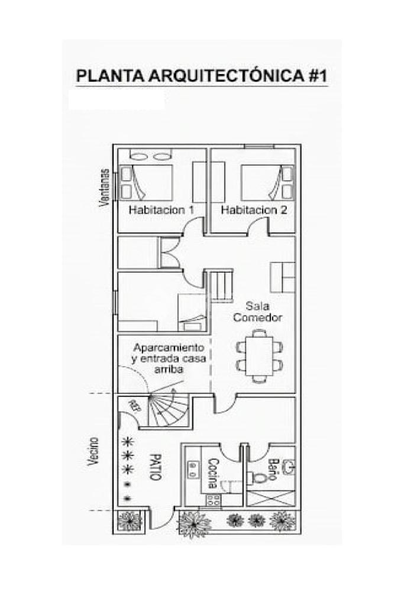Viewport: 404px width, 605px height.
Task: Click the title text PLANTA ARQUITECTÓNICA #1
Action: tap(202, 76)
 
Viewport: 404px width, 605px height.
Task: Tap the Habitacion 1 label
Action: tap(161, 211)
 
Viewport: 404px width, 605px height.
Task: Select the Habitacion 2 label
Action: tap(254, 211)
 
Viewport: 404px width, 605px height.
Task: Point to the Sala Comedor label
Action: tap(258, 312)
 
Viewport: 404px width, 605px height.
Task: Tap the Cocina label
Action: tap(213, 473)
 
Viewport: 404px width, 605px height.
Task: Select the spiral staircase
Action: tap(168, 410)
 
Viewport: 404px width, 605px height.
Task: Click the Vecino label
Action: tap(93, 451)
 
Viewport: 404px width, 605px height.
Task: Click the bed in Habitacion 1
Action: tap(146, 183)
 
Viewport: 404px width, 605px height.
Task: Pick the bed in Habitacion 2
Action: tap(267, 183)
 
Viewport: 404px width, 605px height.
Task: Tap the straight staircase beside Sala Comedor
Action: tap(221, 286)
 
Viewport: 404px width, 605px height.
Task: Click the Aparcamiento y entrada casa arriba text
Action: tap(169, 358)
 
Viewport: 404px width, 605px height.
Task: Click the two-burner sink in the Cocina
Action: tap(192, 470)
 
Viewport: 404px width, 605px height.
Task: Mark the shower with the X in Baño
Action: tap(270, 498)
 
